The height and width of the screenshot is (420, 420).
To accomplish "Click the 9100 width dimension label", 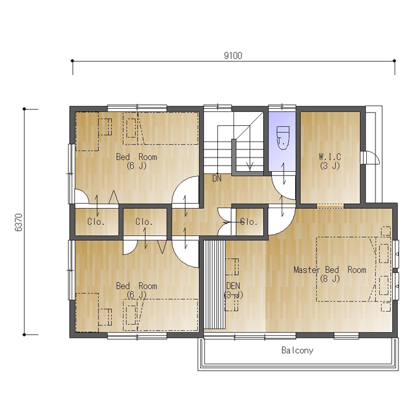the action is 233,56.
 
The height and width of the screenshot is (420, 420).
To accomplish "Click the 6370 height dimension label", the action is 19,222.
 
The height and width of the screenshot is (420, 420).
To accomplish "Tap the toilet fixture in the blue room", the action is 283,138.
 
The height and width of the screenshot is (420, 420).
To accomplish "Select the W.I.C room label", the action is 330,156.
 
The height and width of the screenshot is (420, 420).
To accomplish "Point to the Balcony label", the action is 297,350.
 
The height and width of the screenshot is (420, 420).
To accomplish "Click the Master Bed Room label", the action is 330,269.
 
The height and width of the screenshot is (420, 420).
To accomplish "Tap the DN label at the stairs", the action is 217,178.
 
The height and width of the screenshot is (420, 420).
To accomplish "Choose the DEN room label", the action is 233,286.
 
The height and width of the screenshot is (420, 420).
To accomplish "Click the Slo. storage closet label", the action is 249,222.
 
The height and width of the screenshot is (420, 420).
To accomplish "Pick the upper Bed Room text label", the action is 136,157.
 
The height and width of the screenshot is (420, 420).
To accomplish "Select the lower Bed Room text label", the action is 136,286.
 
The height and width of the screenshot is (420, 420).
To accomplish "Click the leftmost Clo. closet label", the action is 96,222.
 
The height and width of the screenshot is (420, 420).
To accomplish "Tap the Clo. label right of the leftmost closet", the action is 144,222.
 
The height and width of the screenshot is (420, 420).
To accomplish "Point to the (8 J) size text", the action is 330,279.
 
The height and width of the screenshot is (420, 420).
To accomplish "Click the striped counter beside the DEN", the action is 215,285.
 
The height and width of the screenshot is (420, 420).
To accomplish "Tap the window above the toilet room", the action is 282,107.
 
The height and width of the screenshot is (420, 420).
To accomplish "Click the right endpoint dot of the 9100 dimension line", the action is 394,61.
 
